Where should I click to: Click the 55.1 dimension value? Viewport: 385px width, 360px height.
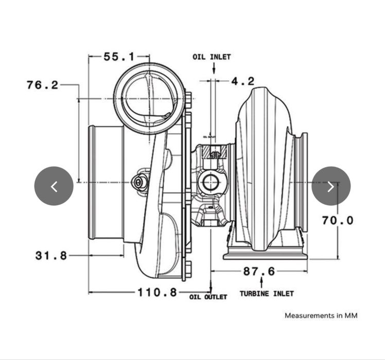click(x=119, y=57)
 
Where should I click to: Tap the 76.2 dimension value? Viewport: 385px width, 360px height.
click(x=43, y=85)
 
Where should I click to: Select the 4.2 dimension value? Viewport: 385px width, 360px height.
click(x=242, y=81)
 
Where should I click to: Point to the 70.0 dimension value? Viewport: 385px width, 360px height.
click(x=338, y=221)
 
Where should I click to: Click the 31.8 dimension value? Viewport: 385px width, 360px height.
click(x=51, y=255)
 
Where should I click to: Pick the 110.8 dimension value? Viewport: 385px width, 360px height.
click(x=157, y=293)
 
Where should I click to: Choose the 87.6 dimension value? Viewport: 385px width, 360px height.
click(x=259, y=271)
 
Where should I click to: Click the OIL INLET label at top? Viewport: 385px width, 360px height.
click(x=212, y=57)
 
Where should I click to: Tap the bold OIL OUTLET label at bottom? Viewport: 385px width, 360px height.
click(x=208, y=297)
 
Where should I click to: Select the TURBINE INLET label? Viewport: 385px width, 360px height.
click(x=267, y=294)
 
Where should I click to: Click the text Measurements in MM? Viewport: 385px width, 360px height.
click(x=321, y=315)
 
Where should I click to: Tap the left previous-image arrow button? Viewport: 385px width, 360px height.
click(x=54, y=186)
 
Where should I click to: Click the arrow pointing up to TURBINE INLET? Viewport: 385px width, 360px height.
click(x=261, y=282)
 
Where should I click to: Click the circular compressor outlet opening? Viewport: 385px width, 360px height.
click(x=148, y=98)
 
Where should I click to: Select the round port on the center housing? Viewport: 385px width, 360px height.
click(x=210, y=183)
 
